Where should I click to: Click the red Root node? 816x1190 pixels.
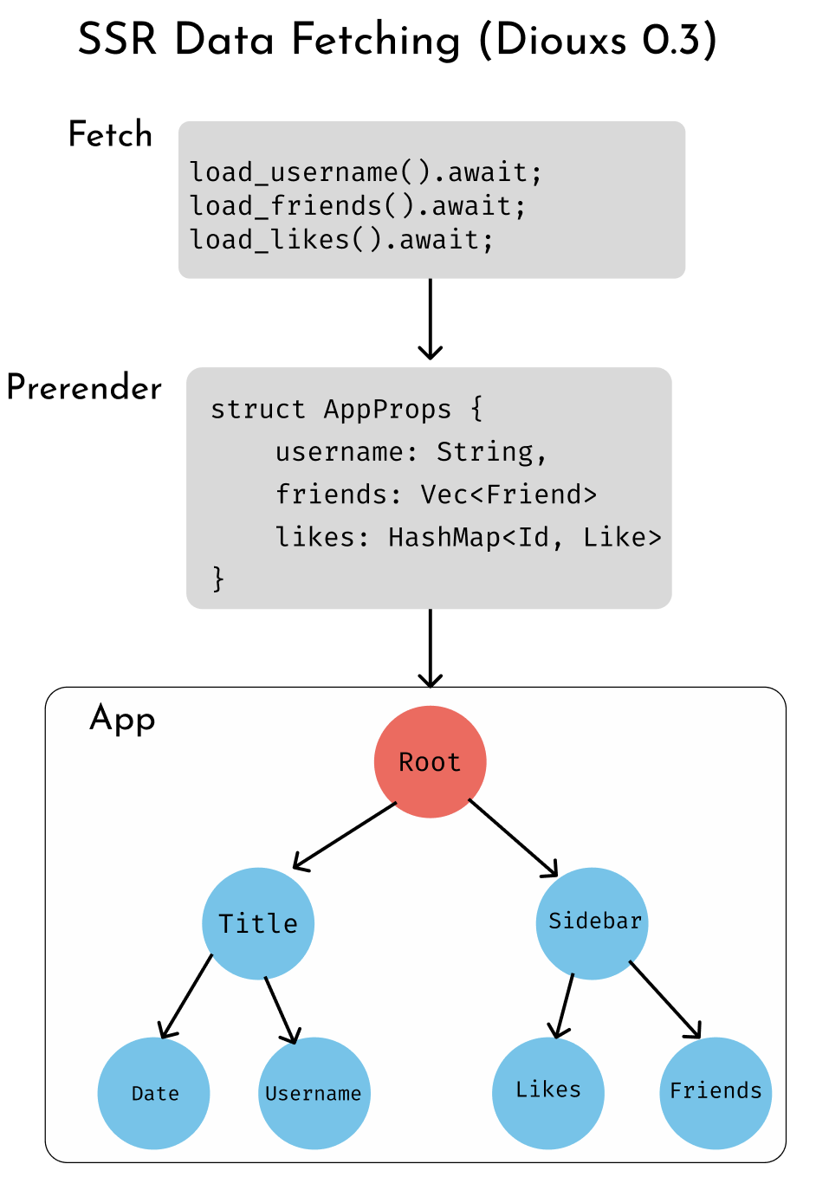(x=430, y=762)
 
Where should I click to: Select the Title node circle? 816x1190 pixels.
(x=258, y=923)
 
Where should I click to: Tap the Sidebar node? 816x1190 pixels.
(x=593, y=923)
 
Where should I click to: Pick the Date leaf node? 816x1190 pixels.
(x=154, y=1093)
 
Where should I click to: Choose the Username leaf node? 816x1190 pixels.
(x=314, y=1093)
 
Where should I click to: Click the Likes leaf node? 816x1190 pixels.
(x=547, y=1092)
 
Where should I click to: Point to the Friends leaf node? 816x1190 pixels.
(x=716, y=1092)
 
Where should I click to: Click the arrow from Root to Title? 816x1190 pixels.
(x=345, y=836)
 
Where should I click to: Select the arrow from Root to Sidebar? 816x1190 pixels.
(x=513, y=838)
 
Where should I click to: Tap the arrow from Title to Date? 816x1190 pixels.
(x=186, y=996)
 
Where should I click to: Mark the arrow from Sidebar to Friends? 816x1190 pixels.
(x=664, y=999)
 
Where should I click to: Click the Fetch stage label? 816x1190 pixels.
(x=110, y=135)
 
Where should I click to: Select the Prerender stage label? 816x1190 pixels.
(x=84, y=388)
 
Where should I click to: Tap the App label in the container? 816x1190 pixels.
(x=122, y=720)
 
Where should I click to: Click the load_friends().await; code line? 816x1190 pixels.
(x=357, y=206)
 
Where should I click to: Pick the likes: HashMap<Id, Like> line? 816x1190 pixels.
(x=468, y=537)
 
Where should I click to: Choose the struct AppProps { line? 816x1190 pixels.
(x=346, y=409)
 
